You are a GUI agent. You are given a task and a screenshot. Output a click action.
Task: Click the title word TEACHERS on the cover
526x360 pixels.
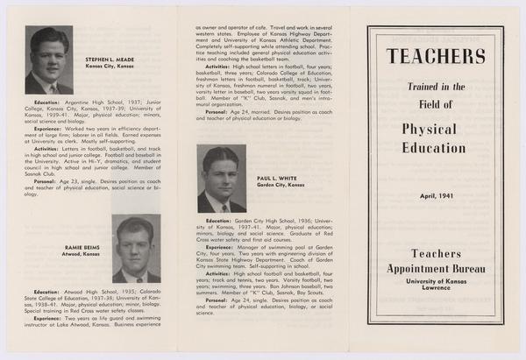[435, 58]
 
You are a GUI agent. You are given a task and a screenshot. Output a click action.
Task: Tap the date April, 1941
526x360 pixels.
[436, 195]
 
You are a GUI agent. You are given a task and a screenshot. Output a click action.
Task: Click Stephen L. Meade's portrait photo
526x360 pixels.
[48, 60]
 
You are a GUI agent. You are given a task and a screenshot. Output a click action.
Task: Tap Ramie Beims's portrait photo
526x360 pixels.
[136, 249]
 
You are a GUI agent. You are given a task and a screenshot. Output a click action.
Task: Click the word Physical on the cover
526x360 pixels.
[436, 129]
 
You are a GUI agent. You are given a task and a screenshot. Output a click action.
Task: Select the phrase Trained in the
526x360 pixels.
[436, 87]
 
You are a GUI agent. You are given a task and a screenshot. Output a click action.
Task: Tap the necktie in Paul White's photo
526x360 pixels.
[224, 208]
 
